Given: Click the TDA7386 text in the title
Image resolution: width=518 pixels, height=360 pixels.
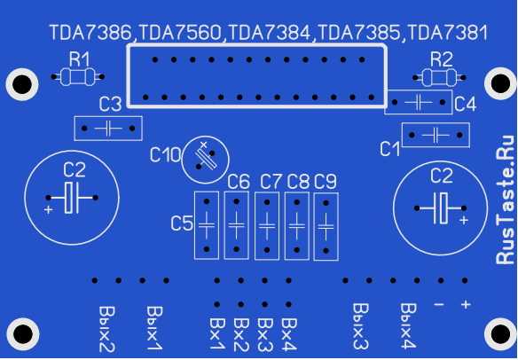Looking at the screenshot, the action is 90,33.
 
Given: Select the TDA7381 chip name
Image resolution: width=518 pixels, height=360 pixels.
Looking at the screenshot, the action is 448,33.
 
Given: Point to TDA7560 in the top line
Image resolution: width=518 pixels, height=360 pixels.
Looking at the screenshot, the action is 180,33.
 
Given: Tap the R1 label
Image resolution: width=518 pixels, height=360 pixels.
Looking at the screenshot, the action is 79,59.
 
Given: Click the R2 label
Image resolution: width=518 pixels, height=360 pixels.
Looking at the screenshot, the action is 442,59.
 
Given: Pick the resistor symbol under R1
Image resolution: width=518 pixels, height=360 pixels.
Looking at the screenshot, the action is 78,77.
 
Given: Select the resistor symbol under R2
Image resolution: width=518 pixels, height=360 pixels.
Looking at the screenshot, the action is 439,78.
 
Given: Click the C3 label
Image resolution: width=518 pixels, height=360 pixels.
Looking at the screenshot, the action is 110,105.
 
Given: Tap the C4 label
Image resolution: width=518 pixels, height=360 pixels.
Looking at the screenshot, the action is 465,105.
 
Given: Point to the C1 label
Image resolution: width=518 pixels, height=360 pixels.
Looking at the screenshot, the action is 389,149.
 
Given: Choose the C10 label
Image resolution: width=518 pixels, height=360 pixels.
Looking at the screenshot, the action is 165,154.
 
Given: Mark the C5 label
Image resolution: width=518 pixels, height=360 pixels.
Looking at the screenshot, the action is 182,223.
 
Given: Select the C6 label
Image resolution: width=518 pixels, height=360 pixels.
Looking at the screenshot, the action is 239,182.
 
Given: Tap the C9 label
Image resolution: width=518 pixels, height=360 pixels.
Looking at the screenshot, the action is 325,182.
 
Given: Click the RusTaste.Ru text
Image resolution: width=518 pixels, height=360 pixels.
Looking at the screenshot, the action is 506,200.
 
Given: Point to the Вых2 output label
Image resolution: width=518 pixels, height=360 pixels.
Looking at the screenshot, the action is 107,329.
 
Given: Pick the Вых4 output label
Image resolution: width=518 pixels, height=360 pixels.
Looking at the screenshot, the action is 408,326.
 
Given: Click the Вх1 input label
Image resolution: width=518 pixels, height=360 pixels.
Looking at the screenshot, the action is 217,334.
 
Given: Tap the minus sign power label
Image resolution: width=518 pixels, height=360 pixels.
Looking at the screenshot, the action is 439,304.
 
